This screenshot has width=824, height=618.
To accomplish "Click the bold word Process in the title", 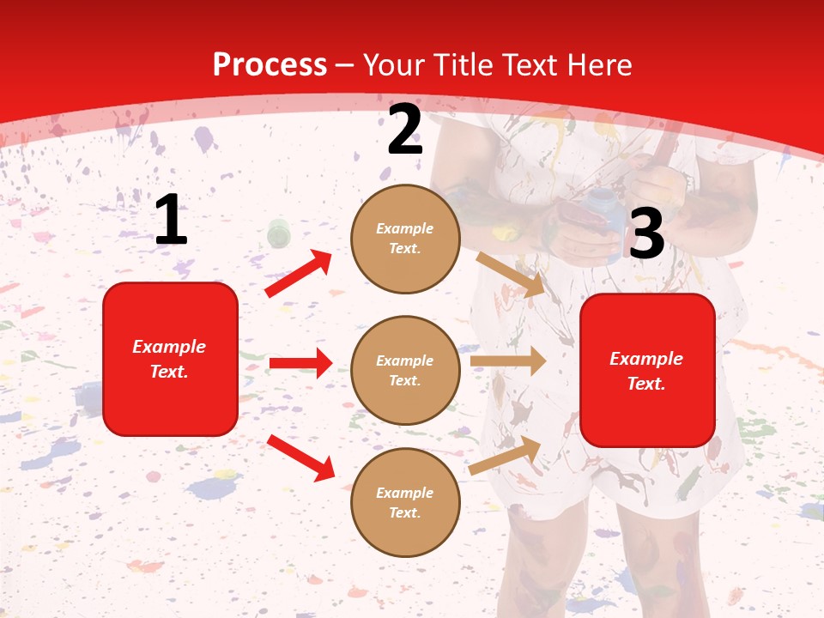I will click(270, 65).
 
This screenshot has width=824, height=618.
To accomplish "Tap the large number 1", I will click(171, 221).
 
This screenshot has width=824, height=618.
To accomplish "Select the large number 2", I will click(405, 130).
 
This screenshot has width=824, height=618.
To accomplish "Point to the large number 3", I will click(647, 235).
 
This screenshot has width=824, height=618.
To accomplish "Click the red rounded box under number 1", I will click(170, 359).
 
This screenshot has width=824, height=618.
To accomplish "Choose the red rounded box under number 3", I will click(647, 371).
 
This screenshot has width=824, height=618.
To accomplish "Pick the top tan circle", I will click(405, 239).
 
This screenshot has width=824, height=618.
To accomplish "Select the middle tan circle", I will click(405, 371).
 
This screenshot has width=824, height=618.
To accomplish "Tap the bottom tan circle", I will click(405, 503).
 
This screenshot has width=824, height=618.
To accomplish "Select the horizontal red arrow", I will click(300, 363).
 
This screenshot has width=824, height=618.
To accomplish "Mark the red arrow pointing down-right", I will click(301, 457).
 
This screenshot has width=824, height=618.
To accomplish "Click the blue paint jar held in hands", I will click(600, 207).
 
